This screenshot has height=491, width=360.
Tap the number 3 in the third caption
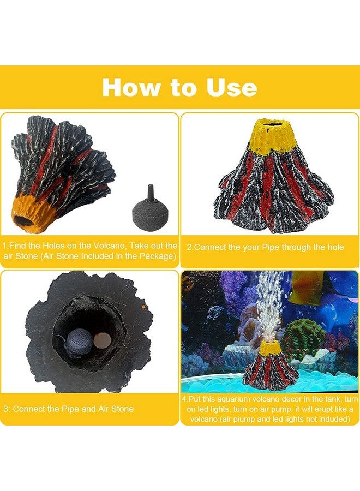(x=5, y=409)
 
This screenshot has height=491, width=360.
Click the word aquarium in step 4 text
(x=237, y=400)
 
